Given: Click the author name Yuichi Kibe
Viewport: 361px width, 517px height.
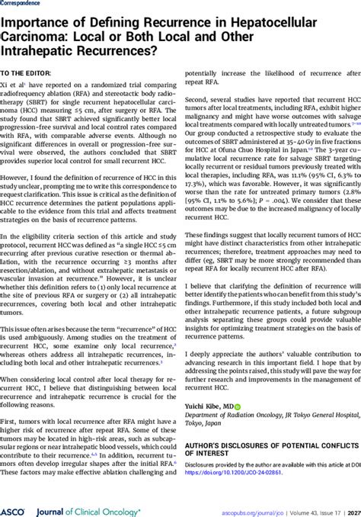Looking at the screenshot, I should pyautogui.click(x=205, y=407).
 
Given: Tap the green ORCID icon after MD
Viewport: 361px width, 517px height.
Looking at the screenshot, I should pyautogui.click(x=238, y=407).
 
